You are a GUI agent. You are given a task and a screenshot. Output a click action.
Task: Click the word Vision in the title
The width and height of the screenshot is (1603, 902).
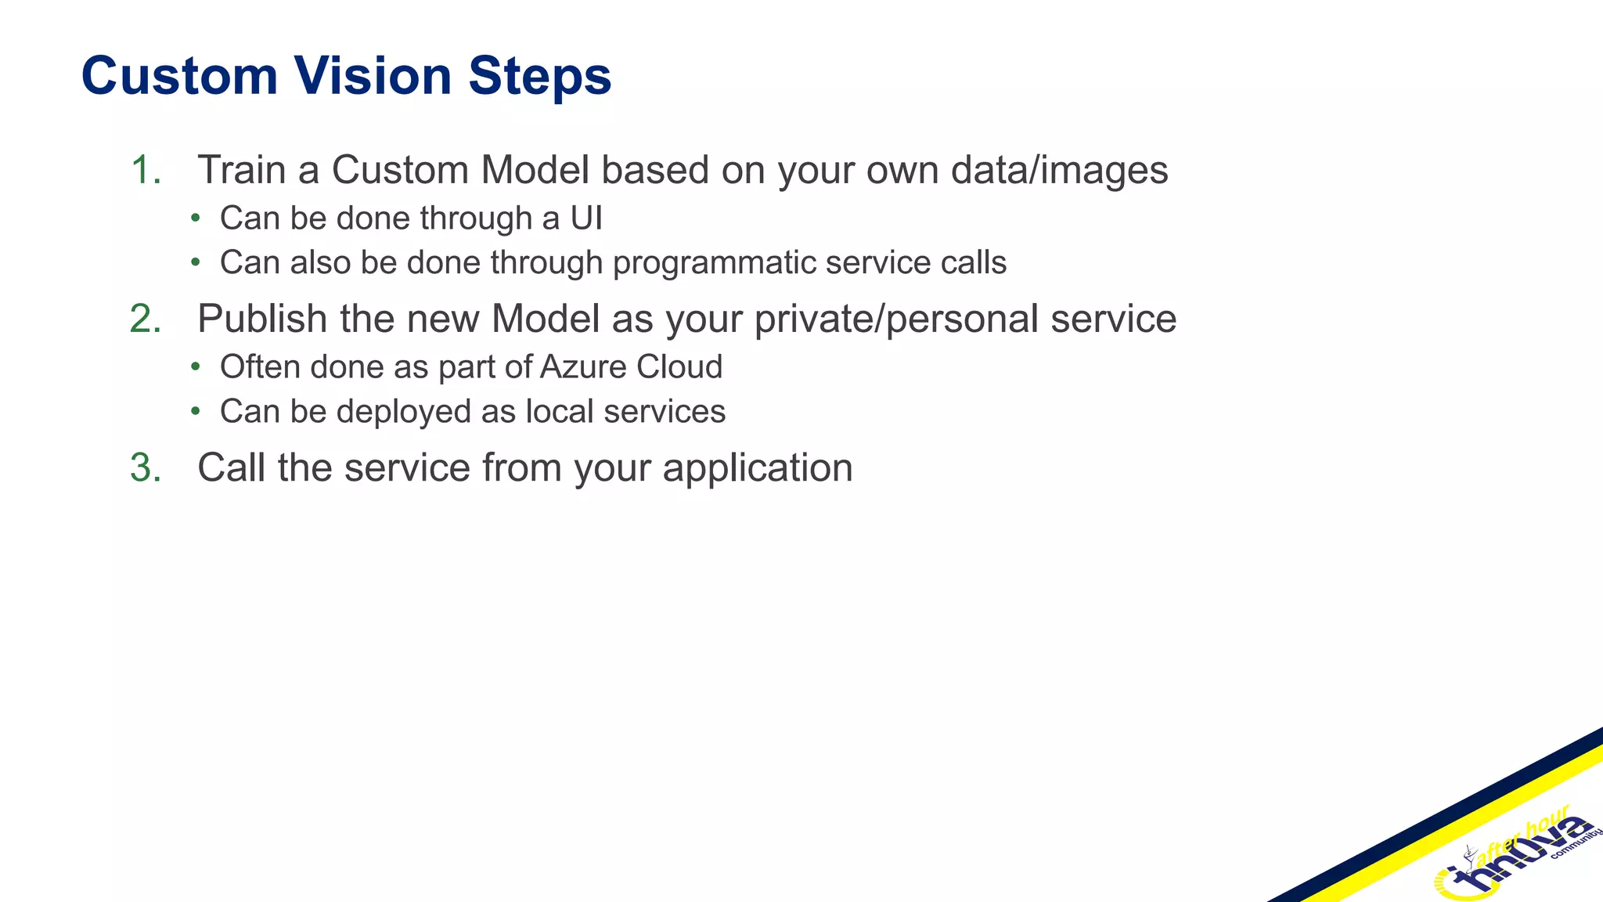click(x=373, y=76)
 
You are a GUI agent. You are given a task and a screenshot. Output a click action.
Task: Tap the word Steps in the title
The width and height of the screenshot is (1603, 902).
click(x=540, y=76)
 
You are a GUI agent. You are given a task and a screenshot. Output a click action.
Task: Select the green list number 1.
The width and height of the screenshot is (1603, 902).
click(x=146, y=170)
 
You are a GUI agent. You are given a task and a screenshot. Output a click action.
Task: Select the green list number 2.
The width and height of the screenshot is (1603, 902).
click(x=146, y=319)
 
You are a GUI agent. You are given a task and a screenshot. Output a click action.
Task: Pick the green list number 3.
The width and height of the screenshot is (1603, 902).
click(x=146, y=467)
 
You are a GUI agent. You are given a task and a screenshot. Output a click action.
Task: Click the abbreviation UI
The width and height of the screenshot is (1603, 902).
click(x=586, y=218)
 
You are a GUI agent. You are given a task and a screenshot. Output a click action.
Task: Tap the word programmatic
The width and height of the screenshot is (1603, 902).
click(x=714, y=263)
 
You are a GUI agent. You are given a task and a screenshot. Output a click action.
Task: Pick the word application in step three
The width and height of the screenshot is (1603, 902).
click(x=758, y=468)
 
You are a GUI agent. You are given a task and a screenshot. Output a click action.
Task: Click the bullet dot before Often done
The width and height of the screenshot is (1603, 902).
click(x=196, y=367)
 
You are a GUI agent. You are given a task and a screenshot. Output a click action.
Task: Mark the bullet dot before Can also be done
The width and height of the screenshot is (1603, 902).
click(x=196, y=262)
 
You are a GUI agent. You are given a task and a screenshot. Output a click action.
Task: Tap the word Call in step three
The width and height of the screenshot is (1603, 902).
click(x=231, y=467)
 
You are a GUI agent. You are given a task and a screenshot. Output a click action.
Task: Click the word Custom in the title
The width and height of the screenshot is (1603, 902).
click(x=179, y=76)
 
